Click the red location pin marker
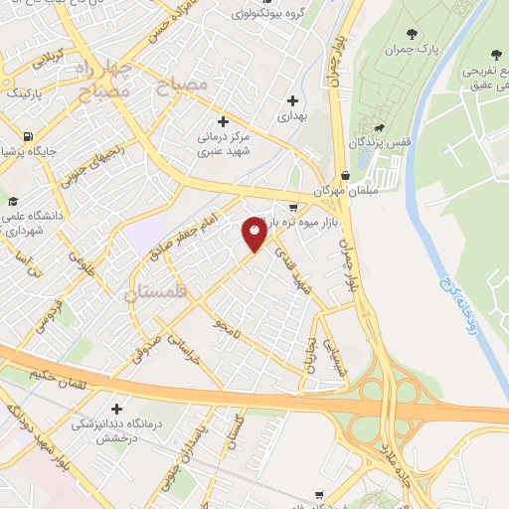tap(254, 235)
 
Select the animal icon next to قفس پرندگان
tap(378, 127)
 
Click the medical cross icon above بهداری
tap(292, 99)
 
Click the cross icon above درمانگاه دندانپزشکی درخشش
tap(117, 409)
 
